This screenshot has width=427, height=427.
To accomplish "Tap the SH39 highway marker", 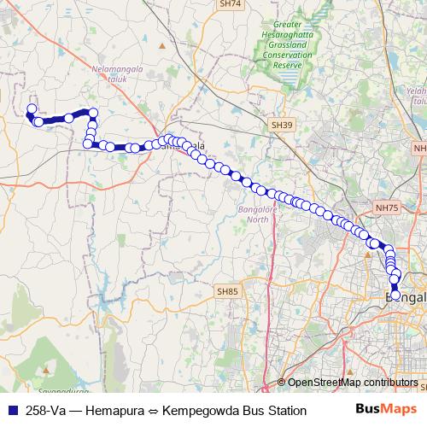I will (282, 125).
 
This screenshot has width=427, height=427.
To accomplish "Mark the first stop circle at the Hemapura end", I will (32, 109).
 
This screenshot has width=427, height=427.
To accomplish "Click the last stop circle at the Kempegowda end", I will (395, 295).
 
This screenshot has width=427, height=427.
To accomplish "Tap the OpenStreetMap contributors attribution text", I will (353, 382).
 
